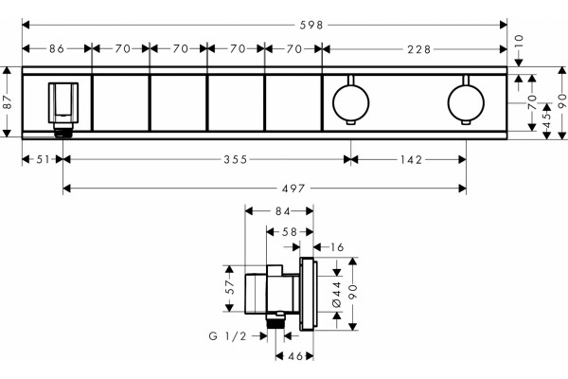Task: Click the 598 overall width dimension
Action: pyautogui.click(x=311, y=25)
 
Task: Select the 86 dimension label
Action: pyautogui.click(x=57, y=48)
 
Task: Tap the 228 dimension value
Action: pyautogui.click(x=419, y=49)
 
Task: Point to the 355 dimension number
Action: pyautogui.click(x=236, y=159)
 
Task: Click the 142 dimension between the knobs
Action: pyautogui.click(x=412, y=159)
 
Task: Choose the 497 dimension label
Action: pyautogui.click(x=293, y=189)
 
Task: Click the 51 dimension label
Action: pyautogui.click(x=43, y=159)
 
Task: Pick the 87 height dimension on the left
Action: pyautogui.click(x=8, y=102)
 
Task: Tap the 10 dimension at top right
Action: pyautogui.click(x=519, y=40)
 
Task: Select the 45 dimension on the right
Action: pyautogui.click(x=547, y=119)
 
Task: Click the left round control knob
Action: pyautogui.click(x=350, y=101)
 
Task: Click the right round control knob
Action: pyautogui.click(x=466, y=101)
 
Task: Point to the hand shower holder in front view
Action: pyautogui.click(x=63, y=103)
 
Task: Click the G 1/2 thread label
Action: pyautogui.click(x=227, y=336)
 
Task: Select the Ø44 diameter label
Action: pyautogui.click(x=337, y=294)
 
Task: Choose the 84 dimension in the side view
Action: pyautogui.click(x=282, y=211)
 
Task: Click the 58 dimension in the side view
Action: pyautogui.click(x=290, y=232)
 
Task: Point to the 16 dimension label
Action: pyautogui.click(x=337, y=247)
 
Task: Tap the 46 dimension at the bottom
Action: pyautogui.click(x=295, y=356)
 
